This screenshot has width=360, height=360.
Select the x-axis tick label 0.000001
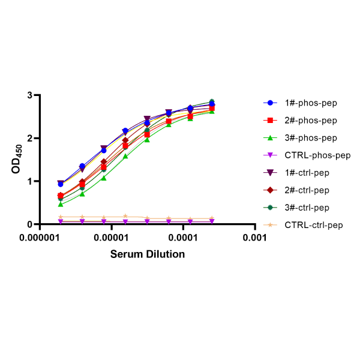click(40, 238)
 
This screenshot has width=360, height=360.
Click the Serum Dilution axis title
click(147, 254)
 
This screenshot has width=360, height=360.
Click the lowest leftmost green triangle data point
click(61, 205)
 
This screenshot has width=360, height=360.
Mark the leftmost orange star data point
click(61, 217)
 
